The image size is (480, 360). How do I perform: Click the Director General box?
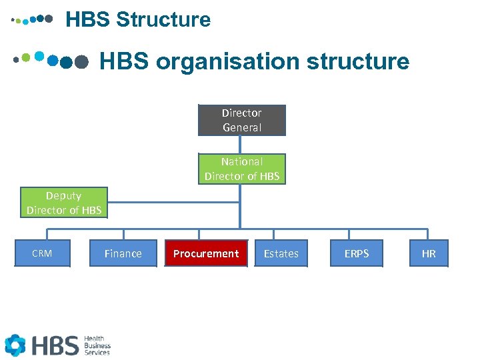(241, 120)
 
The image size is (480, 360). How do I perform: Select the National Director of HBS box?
(241, 169)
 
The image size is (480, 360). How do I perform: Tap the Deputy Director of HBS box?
(64, 203)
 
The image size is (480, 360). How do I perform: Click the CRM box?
(42, 253)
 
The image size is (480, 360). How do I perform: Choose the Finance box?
(123, 253)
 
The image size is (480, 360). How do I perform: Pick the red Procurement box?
(206, 253)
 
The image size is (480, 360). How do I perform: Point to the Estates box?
(281, 253)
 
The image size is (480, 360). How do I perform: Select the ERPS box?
(357, 253)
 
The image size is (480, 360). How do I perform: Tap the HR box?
(429, 253)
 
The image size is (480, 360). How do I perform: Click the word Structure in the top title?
(163, 20)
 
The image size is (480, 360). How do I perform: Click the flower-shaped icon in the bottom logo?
(15, 345)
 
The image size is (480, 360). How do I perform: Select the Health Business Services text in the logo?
(97, 345)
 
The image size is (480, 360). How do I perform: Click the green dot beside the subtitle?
(26, 57)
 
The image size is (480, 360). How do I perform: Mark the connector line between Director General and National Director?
(241, 145)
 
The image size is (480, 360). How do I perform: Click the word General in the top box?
(242, 127)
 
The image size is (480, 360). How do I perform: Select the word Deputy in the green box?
(64, 196)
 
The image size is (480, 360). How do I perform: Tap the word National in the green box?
(242, 161)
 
